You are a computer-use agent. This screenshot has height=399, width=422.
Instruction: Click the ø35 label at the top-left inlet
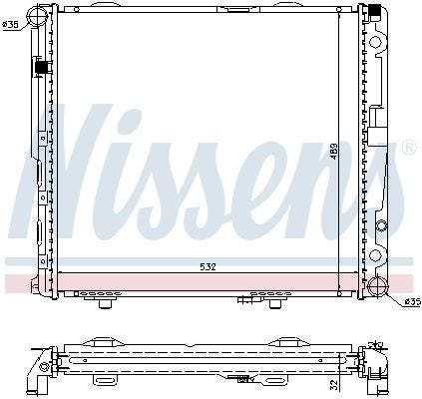(x=10, y=25)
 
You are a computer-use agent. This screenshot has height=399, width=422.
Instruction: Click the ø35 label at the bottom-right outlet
(x=413, y=302)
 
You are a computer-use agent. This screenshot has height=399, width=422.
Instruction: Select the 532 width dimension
(x=209, y=266)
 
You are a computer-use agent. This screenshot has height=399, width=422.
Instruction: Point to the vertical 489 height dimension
(x=334, y=151)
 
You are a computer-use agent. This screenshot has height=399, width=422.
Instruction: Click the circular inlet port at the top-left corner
(x=36, y=14)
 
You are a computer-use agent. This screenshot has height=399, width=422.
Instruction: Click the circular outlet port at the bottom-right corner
(x=378, y=285)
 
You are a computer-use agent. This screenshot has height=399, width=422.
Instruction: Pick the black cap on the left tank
(x=41, y=68)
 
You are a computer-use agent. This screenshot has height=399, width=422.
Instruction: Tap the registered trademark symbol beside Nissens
(x=409, y=148)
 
